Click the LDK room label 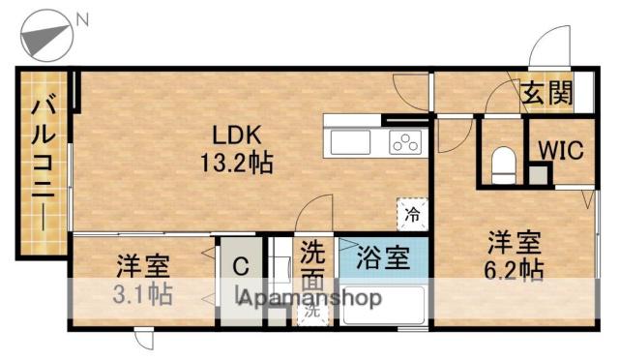pos(235,134)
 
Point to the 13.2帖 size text pos(235,162)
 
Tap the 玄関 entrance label pos(546,94)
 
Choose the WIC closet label pos(559,149)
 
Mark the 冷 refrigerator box pos(412,213)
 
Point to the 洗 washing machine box pos(312,313)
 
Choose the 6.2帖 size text pos(514,270)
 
